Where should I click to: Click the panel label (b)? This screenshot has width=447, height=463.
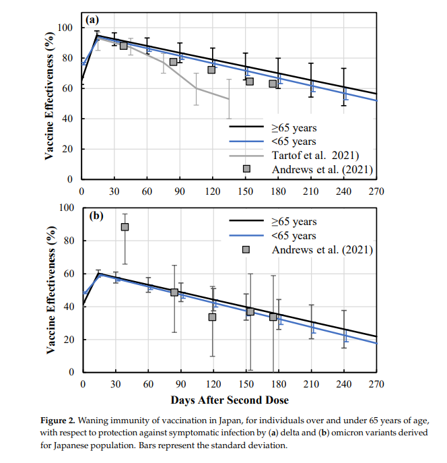[96, 217]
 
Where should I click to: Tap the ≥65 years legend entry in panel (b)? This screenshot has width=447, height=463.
[295, 221]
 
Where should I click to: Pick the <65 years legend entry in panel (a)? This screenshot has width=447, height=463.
[294, 141]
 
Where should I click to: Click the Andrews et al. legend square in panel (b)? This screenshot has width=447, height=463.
[246, 250]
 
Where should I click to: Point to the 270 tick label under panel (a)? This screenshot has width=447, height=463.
[376, 191]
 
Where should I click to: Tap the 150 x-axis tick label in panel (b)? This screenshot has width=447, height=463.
[246, 384]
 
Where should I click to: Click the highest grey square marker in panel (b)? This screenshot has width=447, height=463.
[125, 227]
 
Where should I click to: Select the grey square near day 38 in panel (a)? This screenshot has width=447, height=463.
[123, 45]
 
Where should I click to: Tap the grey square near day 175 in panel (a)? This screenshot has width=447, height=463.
[273, 84]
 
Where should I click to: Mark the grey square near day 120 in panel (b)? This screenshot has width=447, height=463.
[212, 317]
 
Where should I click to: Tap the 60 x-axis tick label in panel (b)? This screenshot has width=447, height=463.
[147, 384]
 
